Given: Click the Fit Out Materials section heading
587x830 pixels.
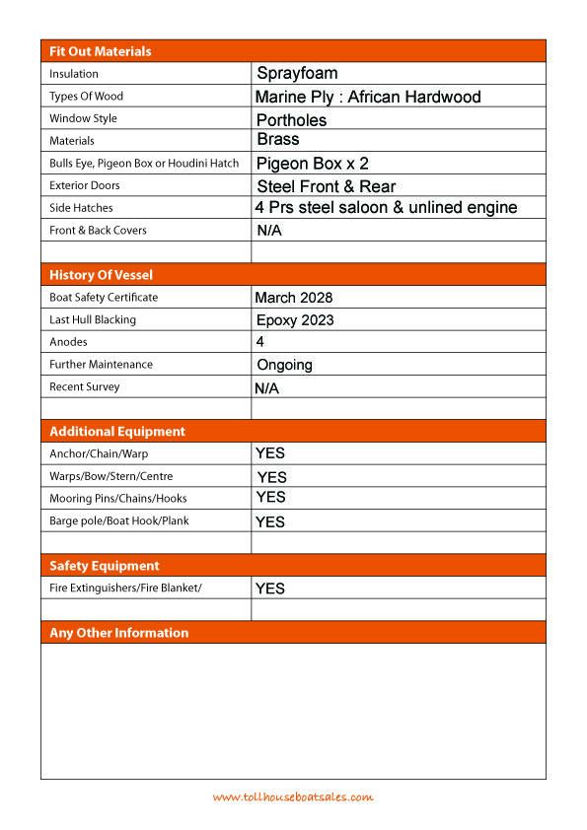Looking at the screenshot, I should click(100, 51).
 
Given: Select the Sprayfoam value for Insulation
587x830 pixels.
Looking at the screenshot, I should click(297, 73).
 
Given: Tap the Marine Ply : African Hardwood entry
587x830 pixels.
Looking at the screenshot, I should click(367, 97).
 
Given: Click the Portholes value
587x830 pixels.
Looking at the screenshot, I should click(291, 120).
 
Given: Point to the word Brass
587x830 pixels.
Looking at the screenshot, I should click(277, 140).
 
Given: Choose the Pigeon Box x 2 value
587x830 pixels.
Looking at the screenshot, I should click(313, 164).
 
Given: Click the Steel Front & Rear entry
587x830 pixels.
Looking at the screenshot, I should click(326, 186).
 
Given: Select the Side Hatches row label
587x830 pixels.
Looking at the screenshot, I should click(81, 208).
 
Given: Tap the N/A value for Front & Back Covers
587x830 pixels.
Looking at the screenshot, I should click(269, 231).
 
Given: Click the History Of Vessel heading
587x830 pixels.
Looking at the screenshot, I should click(101, 275).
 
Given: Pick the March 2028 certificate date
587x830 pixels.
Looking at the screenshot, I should click(293, 298).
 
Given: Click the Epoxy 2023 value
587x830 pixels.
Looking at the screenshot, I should click(294, 320).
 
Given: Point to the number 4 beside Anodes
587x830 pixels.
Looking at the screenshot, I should click(259, 342).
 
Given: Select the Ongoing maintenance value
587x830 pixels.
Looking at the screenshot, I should click(284, 365).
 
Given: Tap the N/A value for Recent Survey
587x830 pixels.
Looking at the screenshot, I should click(266, 388).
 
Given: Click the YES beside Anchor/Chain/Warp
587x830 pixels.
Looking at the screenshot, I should click(269, 453).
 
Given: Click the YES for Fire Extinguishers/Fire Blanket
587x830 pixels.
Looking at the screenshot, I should click(269, 588).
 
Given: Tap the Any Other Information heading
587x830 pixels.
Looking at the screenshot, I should click(118, 633).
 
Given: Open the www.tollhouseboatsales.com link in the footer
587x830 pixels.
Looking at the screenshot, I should click(293, 796).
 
